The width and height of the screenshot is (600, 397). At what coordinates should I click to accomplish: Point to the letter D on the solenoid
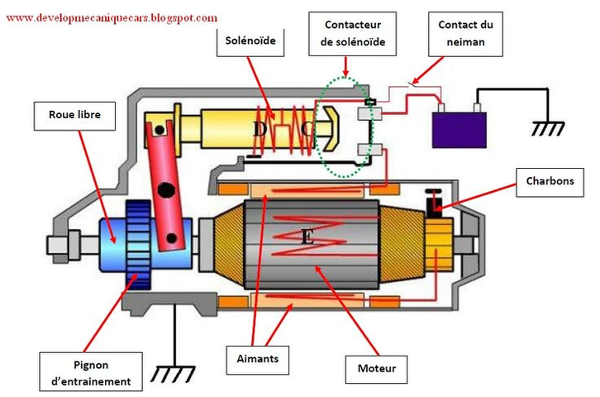260,130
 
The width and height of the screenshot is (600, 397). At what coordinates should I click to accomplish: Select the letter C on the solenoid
307,130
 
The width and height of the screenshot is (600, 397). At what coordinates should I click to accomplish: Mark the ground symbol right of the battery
547,128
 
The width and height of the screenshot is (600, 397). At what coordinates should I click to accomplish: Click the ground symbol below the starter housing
174,374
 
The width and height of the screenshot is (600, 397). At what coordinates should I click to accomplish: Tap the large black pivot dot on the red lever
168,191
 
